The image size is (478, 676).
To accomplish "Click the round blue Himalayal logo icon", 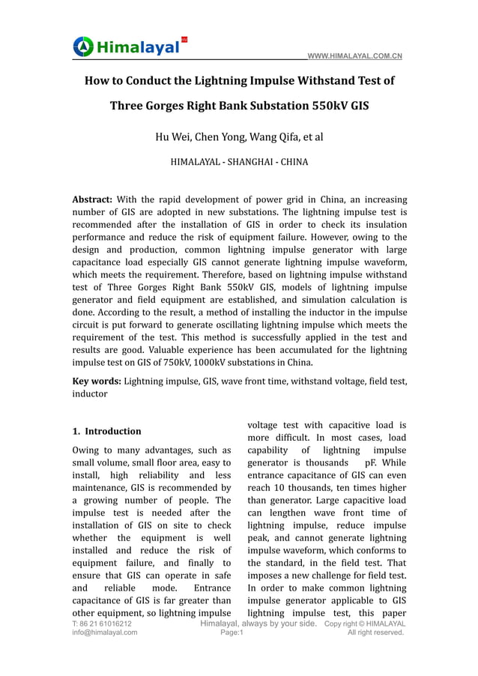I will click(x=83, y=46).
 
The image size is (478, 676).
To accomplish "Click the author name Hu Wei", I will click(x=172, y=136).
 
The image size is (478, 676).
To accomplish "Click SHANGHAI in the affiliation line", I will click(x=239, y=161).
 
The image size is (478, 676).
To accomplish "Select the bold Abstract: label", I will click(x=92, y=200).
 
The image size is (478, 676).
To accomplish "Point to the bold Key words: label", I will click(x=96, y=381).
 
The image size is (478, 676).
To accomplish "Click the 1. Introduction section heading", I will click(x=106, y=431).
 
